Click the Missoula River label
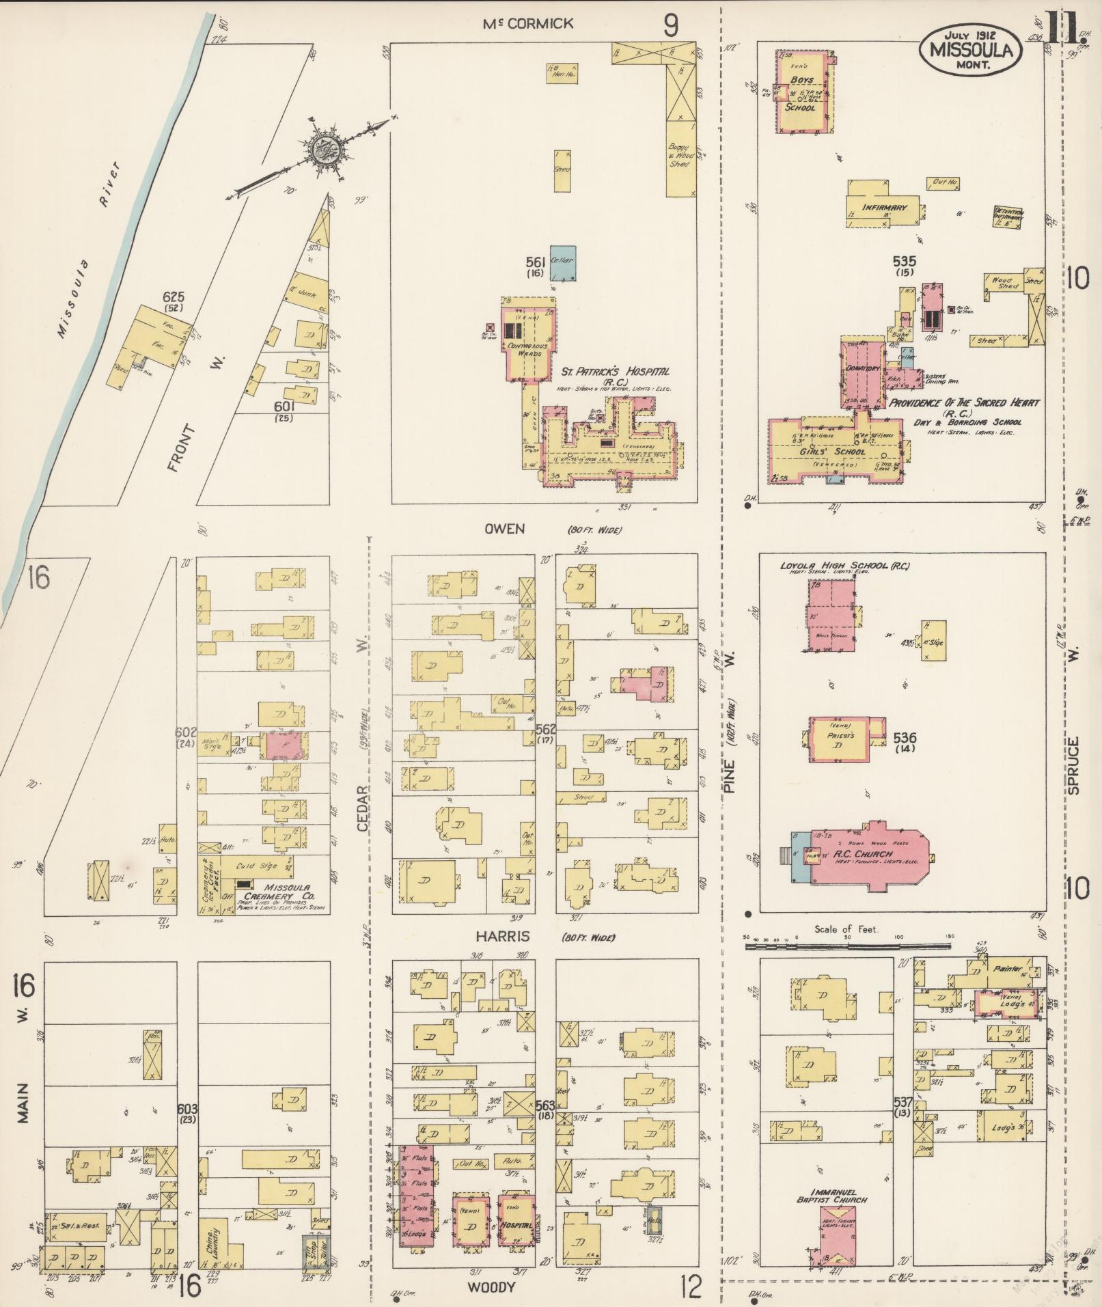(89, 250)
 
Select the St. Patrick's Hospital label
(615, 372)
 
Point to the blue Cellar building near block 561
(562, 264)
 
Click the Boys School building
(804, 92)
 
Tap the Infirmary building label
(883, 207)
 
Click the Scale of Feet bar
(847, 946)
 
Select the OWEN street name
(504, 529)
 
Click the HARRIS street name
(504, 937)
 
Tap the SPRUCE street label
(1074, 765)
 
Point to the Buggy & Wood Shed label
(679, 156)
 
